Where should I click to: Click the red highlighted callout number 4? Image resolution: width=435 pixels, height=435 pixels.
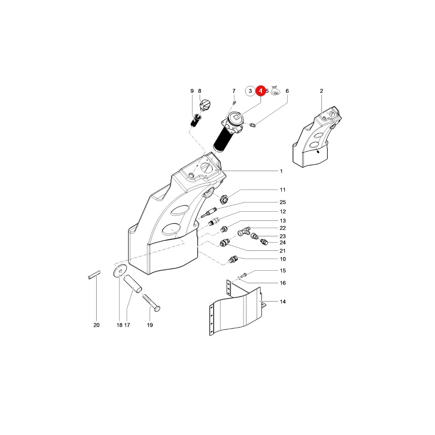[261, 91]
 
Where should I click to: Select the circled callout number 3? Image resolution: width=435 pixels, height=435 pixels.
[250, 91]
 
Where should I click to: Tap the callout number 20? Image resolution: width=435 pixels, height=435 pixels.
[96, 325]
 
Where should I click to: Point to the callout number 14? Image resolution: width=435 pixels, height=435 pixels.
[283, 302]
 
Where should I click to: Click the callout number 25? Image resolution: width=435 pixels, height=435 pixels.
[283, 202]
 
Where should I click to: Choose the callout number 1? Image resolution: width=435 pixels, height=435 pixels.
[281, 171]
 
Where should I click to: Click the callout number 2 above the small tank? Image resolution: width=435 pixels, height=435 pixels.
[321, 91]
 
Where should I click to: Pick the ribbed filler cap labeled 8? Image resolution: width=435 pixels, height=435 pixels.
[205, 105]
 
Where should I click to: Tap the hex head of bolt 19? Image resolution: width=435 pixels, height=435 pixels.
[157, 308]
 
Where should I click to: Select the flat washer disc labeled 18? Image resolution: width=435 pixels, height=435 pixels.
[120, 270]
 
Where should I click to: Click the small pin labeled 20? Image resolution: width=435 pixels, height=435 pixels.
[94, 275]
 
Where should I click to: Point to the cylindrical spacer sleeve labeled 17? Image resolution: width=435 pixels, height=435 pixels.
[132, 284]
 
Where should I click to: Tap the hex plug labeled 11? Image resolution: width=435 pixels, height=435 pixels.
[224, 199]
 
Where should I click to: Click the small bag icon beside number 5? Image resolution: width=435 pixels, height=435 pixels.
[275, 90]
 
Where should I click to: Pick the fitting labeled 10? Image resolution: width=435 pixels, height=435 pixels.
[233, 260]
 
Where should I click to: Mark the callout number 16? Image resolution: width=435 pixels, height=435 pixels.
[283, 283]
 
